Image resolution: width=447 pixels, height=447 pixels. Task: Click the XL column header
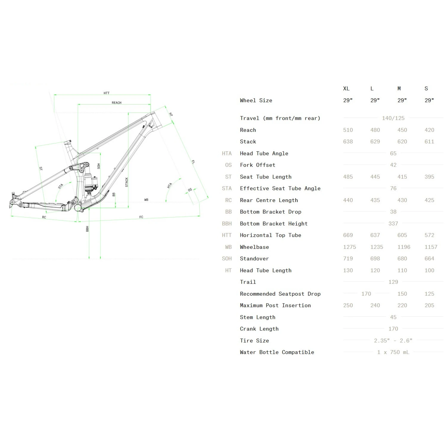(x=346, y=89)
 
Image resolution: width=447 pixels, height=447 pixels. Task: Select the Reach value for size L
(x=375, y=130)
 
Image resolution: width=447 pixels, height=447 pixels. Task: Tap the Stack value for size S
(x=429, y=142)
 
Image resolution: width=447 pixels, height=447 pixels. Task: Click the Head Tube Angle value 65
(x=393, y=153)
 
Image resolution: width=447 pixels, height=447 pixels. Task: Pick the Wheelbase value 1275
(x=350, y=247)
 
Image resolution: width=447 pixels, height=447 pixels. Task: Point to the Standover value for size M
(x=402, y=259)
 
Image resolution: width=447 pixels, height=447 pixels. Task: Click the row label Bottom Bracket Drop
(x=271, y=212)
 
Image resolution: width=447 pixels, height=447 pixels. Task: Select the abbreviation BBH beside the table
(x=227, y=223)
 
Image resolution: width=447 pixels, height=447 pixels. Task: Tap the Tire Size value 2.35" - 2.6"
(x=393, y=341)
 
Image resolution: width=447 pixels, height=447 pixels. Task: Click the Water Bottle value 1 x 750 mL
(x=393, y=352)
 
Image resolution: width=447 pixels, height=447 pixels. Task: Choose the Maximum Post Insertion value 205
(x=429, y=305)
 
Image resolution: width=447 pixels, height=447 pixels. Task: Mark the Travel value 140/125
(x=393, y=118)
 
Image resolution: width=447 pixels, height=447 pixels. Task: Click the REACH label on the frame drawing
(x=117, y=103)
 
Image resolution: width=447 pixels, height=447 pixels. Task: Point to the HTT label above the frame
(x=106, y=93)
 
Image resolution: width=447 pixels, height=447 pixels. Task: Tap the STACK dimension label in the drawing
(x=127, y=182)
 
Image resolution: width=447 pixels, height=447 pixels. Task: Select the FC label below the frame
(x=141, y=217)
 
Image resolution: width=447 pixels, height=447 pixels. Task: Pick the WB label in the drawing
(x=146, y=200)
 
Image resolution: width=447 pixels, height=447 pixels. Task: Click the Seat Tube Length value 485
(x=348, y=177)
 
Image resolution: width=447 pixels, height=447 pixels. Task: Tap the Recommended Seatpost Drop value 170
(x=366, y=294)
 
